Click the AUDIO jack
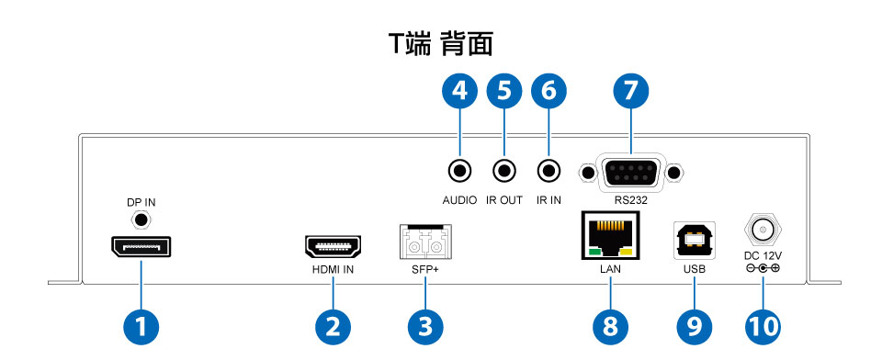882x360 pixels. [459, 170]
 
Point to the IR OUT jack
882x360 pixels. [504, 170]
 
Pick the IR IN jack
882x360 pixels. [548, 170]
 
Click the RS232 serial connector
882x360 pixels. [630, 174]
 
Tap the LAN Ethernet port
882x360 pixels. [610, 236]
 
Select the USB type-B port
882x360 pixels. [695, 241]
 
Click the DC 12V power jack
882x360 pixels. [763, 231]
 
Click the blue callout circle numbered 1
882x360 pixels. [141, 327]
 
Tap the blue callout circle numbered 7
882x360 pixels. [630, 92]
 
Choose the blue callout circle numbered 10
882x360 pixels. [763, 327]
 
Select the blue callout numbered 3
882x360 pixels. [425, 327]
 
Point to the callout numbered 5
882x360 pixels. [504, 92]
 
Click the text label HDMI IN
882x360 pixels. [333, 269]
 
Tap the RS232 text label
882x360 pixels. [630, 200]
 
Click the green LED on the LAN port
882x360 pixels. [594, 252]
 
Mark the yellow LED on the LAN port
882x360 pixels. [628, 252]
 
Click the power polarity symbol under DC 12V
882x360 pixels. [763, 268]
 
